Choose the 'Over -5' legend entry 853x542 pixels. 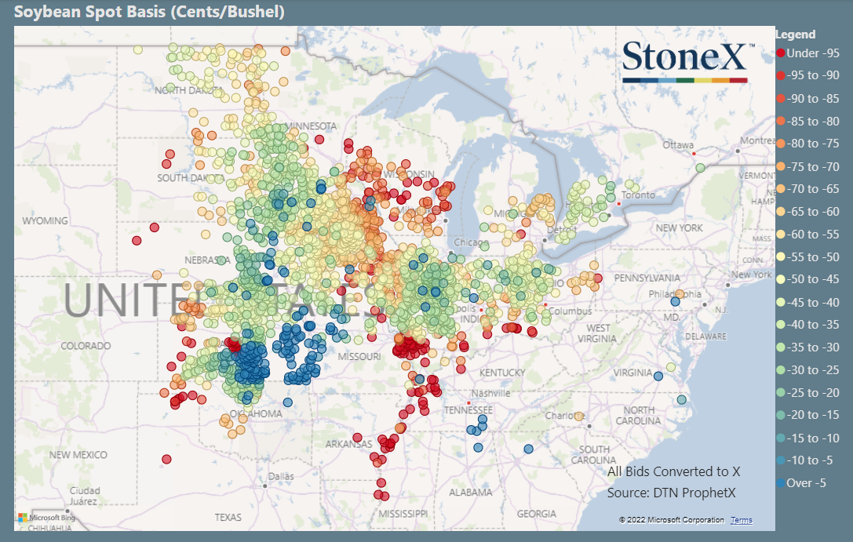click(806, 483)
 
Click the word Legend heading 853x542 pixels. click(795, 35)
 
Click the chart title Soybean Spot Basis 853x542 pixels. click(149, 12)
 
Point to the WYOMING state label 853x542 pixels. click(46, 221)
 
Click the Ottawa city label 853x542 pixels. click(678, 145)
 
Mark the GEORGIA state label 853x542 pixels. click(537, 514)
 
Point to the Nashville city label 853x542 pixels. click(491, 393)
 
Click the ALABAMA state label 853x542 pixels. click(472, 493)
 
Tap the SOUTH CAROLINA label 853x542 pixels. click(595, 454)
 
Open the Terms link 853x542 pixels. click(741, 520)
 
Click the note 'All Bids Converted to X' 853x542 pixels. click(673, 471)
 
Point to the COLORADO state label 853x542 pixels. click(86, 346)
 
